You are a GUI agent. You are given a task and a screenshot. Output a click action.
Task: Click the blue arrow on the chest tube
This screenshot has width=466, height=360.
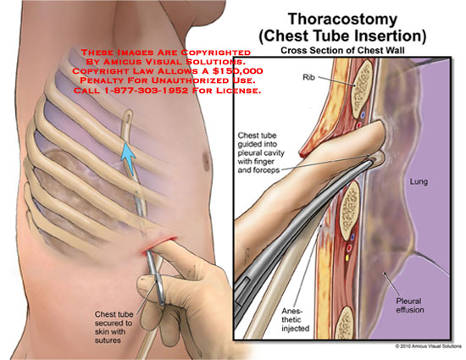coord(129,155)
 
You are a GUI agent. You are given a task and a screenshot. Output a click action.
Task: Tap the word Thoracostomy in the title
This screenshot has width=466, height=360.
coord(342,19)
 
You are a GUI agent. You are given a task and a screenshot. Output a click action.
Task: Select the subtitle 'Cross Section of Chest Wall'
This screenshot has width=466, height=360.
coord(342,51)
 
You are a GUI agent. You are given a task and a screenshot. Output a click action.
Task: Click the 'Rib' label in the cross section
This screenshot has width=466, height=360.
coord(308,77)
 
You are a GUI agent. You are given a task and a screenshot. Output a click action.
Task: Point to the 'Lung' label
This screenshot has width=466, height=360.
coord(419,181)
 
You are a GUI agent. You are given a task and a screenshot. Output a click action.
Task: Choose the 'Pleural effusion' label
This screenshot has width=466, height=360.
coord(410,305)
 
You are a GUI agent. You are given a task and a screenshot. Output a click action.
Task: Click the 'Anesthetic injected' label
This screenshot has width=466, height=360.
coord(296,319)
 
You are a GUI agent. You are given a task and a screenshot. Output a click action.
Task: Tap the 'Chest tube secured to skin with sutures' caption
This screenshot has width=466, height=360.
coord(114,327)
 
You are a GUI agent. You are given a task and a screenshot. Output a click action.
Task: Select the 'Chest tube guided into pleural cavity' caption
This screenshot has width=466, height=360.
coord(261,152)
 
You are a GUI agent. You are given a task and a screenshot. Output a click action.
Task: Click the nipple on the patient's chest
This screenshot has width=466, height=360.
coord(206,162)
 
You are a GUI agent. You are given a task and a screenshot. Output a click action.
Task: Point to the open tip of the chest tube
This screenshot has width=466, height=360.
coord(129,116)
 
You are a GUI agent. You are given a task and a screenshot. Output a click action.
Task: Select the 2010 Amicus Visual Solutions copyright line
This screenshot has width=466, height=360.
coord(428,346)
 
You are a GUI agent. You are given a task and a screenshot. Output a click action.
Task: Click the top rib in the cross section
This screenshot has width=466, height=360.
coord(362,90)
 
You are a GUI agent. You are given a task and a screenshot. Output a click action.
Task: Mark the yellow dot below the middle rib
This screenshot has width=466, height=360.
coord(347,258)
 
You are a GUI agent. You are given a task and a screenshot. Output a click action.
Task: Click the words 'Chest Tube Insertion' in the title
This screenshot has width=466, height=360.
coord(342,36)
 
